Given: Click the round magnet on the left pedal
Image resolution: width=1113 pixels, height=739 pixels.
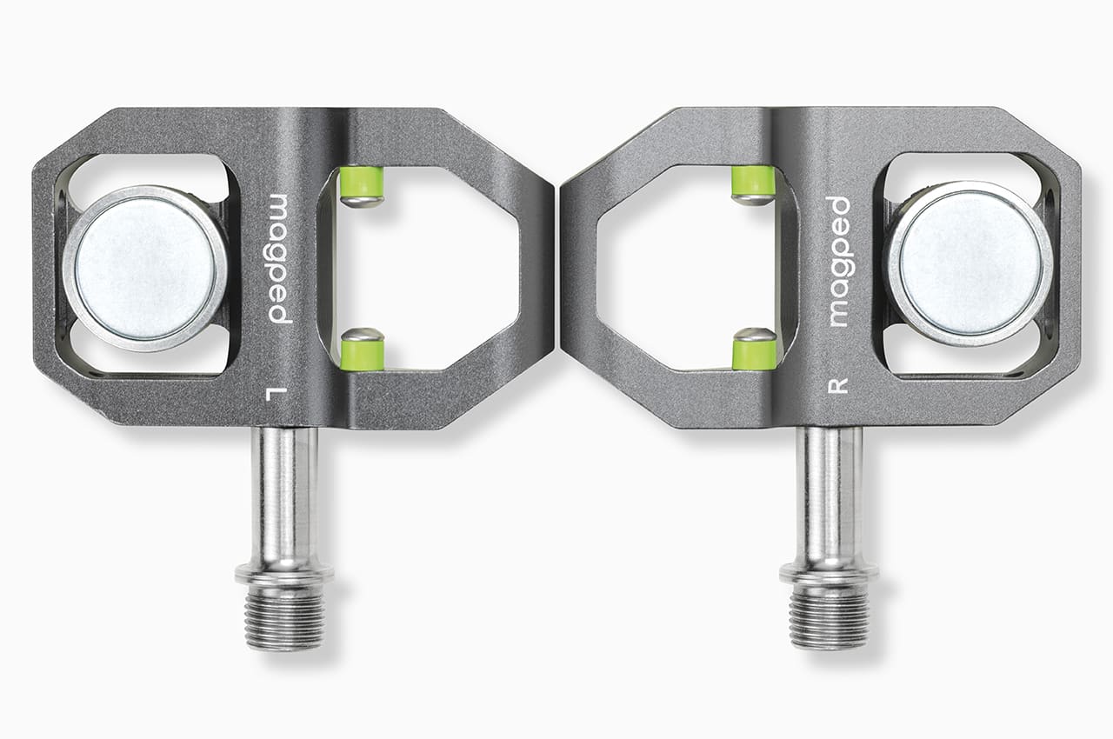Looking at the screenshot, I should pyautogui.click(x=146, y=266).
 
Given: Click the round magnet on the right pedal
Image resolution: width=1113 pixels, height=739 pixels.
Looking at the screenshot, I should pyautogui.click(x=968, y=263).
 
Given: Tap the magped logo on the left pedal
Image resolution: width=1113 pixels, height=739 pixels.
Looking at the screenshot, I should pyautogui.click(x=279, y=258).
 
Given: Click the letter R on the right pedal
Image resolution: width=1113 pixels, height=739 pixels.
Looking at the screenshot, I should pyautogui.click(x=837, y=385).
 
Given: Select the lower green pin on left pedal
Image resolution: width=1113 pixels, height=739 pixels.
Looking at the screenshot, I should pyautogui.click(x=362, y=352).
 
